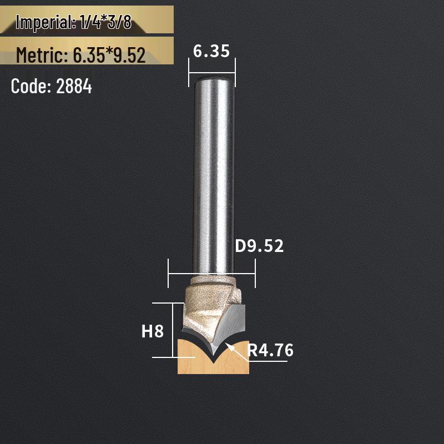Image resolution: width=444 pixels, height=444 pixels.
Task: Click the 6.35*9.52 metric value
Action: [x=109, y=55]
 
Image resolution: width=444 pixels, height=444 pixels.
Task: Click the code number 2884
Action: [x=74, y=87]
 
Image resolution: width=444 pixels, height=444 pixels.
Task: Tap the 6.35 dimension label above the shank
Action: [x=211, y=51]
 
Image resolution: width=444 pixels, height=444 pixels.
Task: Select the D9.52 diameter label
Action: [x=259, y=246]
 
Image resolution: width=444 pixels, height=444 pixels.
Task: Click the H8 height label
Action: [x=153, y=332]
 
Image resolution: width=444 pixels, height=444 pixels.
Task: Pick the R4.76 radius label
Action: [x=270, y=350]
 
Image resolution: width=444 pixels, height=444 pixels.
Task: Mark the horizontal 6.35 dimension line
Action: [x=211, y=72]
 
